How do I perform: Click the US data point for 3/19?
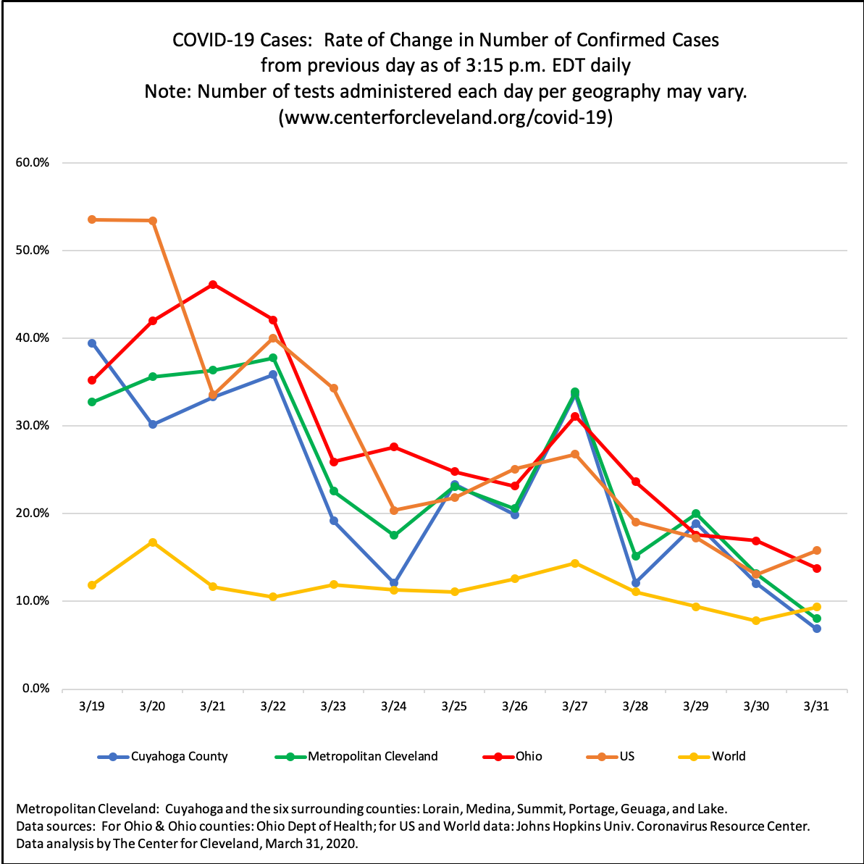pos(92,219)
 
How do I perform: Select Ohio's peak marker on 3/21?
pos(213,285)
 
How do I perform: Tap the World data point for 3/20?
pos(153,542)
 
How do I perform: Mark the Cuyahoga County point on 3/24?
pos(394,582)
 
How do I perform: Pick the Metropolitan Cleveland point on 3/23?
pos(334,491)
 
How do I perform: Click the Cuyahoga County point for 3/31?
pos(816,629)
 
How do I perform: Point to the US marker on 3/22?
pos(273,338)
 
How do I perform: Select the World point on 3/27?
pos(575,563)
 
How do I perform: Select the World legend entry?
pos(728,757)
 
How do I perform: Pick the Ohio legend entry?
pos(528,757)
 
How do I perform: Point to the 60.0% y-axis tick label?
pos(32,163)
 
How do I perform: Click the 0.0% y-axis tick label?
pos(35,689)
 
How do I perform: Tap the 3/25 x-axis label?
pos(454,705)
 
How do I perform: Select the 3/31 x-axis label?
pos(816,705)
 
